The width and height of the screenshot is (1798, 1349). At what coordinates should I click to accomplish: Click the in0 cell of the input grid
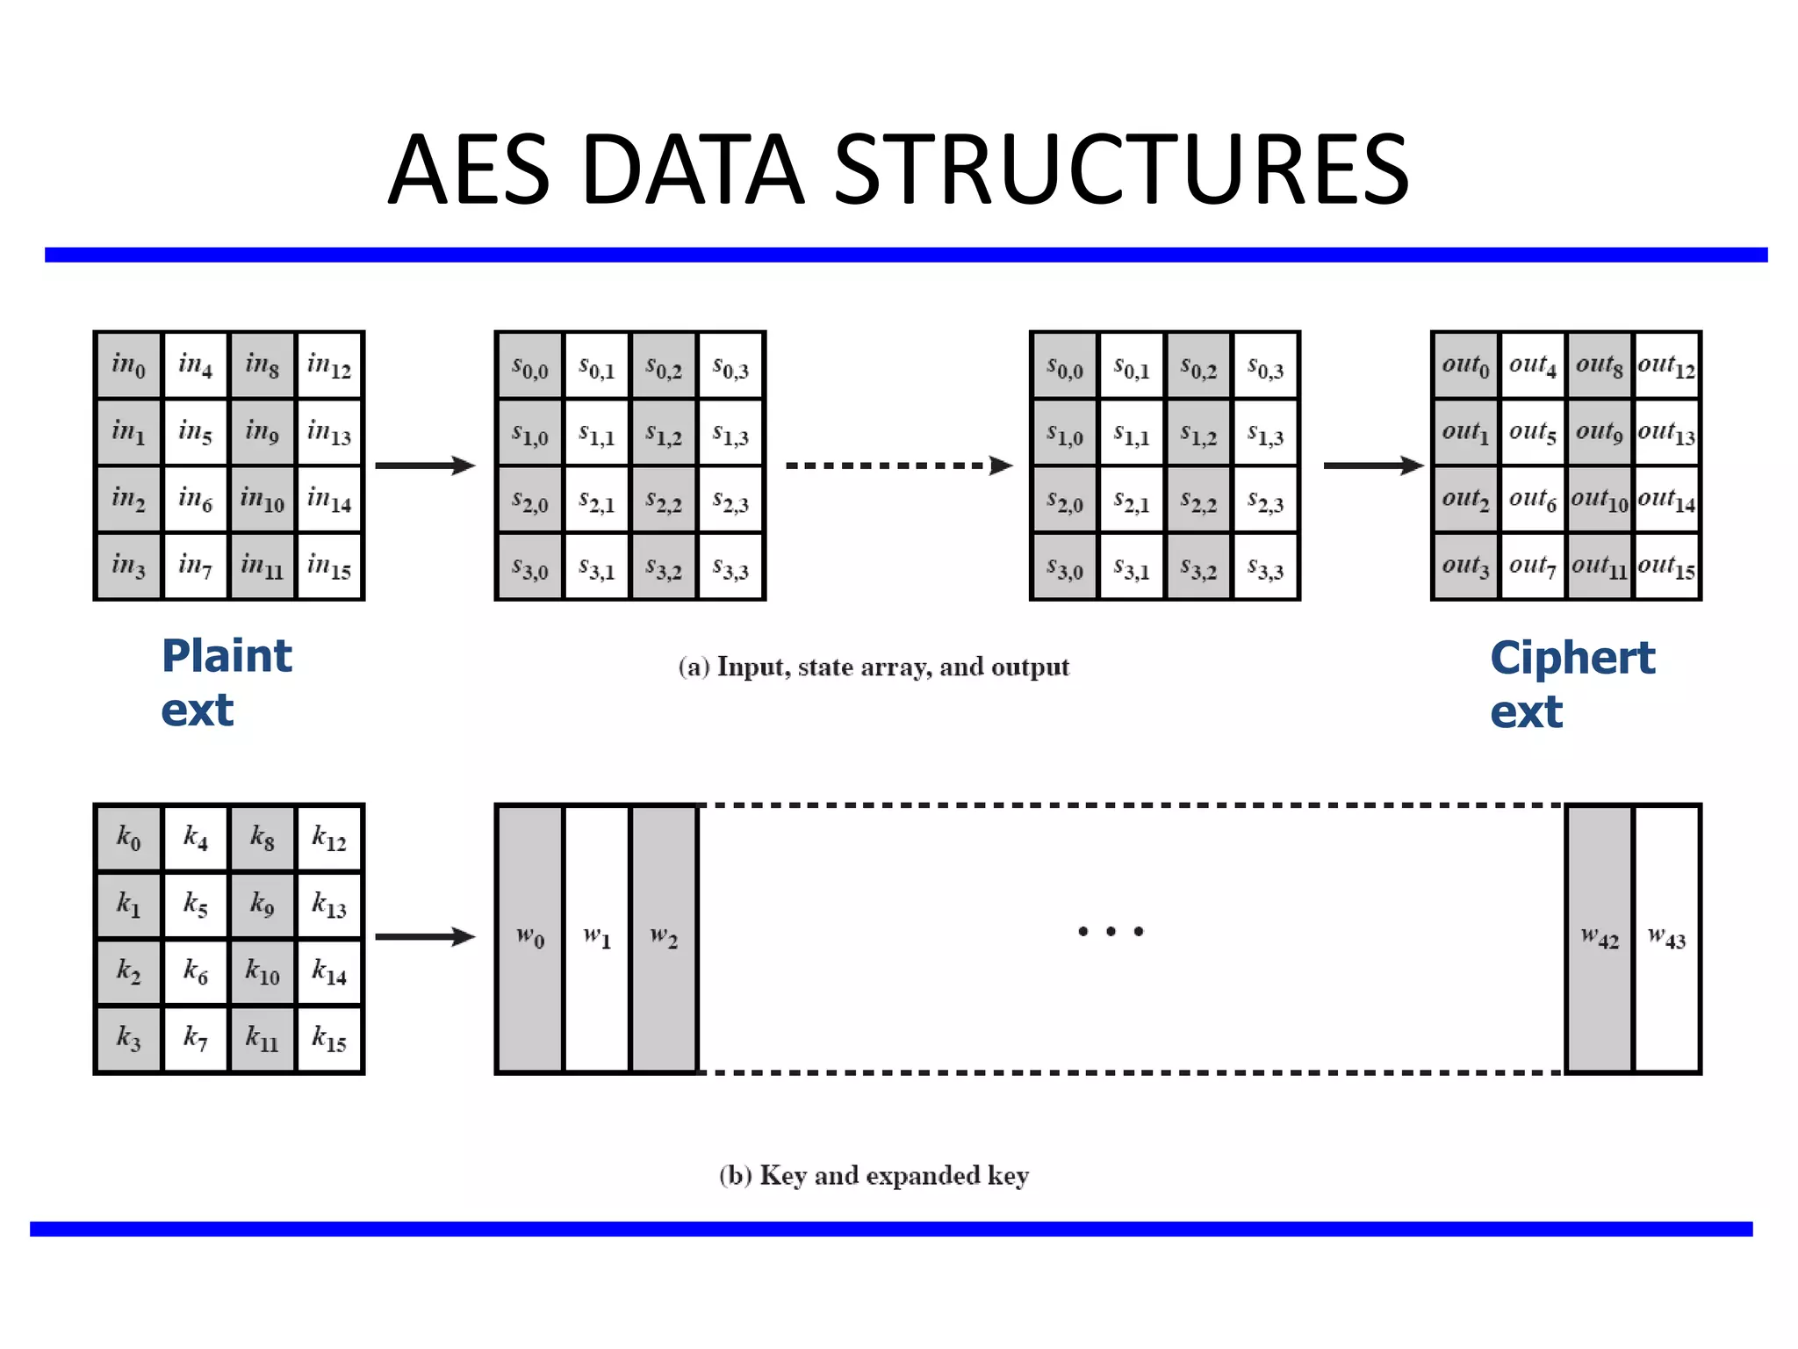(128, 364)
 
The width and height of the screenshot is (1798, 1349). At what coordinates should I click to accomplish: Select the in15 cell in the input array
(329, 566)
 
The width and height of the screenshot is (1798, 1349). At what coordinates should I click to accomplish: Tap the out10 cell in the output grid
(1599, 500)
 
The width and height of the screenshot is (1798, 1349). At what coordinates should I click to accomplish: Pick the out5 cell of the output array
(1532, 432)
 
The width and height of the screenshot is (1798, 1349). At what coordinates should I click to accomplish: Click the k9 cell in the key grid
(262, 904)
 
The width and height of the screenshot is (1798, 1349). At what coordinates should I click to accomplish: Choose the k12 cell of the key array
(329, 837)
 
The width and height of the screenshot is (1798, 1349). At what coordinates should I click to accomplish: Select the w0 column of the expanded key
(529, 938)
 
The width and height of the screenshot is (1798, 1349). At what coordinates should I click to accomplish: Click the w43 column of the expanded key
(1666, 938)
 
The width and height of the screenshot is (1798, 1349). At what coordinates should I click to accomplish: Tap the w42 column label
(1599, 938)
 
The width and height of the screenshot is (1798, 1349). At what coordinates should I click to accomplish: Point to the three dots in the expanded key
(1111, 931)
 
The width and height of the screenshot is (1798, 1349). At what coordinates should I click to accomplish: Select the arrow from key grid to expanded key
(425, 937)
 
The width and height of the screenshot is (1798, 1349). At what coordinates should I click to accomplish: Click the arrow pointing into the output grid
(1372, 465)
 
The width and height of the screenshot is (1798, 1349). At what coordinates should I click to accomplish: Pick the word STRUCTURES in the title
(1120, 169)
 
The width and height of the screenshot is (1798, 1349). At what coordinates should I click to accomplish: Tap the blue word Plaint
(227, 656)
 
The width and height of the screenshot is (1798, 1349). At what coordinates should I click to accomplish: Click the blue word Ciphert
(1572, 658)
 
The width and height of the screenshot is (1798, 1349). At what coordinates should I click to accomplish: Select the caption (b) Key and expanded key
(874, 1175)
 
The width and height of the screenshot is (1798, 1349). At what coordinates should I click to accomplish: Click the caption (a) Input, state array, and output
(874, 667)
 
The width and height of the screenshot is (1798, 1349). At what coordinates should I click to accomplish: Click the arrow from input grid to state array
(425, 465)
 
